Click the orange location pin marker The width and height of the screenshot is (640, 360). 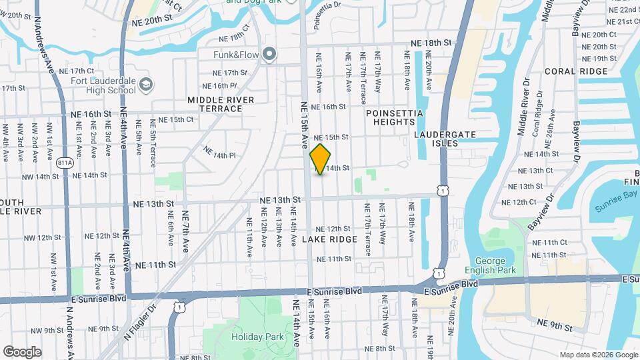coord(321,159)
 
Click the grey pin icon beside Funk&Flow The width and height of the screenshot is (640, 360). coord(269,54)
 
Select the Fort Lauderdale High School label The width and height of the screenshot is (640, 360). coord(103,86)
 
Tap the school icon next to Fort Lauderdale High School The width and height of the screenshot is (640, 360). coord(146,85)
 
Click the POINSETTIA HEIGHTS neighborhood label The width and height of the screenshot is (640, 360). coord(394,117)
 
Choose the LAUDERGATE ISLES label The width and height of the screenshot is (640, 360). coord(445,139)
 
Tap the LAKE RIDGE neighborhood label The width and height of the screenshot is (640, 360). coord(329,239)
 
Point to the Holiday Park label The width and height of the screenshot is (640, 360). coord(253,337)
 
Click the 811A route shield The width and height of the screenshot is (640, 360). coord(65,162)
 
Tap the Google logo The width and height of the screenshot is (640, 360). coord(22,351)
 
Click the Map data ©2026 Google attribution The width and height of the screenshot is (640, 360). coord(598,355)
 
